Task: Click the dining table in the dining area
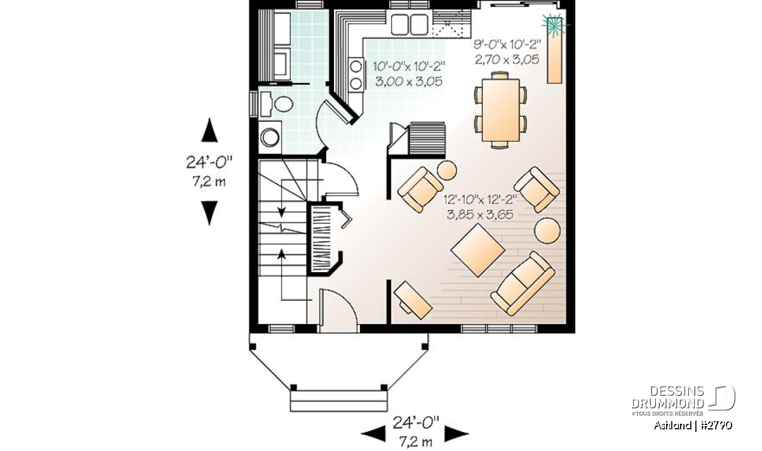(x=500, y=110)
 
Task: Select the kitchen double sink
(x=409, y=24)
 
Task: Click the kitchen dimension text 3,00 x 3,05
(x=409, y=82)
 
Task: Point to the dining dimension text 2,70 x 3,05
(x=507, y=60)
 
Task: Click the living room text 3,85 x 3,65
(x=480, y=215)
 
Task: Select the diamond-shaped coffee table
(x=478, y=250)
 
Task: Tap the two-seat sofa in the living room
(x=523, y=284)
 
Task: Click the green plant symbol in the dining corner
(x=554, y=25)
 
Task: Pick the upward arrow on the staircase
(x=281, y=275)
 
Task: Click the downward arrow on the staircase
(x=281, y=199)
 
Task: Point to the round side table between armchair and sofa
(x=547, y=231)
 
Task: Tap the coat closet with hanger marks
(x=321, y=238)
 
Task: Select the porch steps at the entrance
(x=338, y=401)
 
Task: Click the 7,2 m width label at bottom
(x=415, y=442)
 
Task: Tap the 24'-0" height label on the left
(x=209, y=162)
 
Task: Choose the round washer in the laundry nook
(x=270, y=137)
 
